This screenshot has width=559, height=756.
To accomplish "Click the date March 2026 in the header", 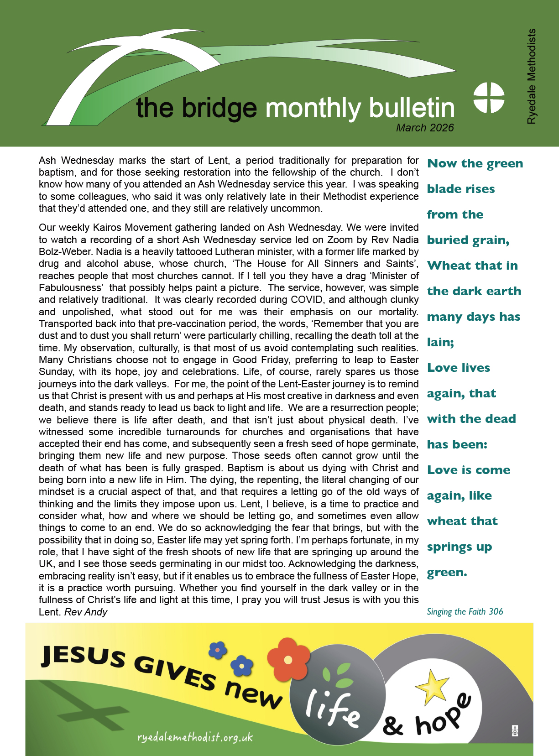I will (x=425, y=128).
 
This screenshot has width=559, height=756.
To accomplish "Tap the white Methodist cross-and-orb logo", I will (x=489, y=98).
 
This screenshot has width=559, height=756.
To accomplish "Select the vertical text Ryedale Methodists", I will (x=532, y=77).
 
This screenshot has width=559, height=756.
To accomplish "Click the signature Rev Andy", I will (x=86, y=612).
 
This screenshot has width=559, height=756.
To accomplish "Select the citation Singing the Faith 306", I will (x=465, y=612).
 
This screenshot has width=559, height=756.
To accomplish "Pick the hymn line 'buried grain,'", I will (x=468, y=240).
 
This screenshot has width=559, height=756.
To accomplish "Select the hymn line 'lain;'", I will (x=440, y=343).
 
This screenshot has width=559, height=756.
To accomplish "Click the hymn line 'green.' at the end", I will (x=447, y=573).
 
